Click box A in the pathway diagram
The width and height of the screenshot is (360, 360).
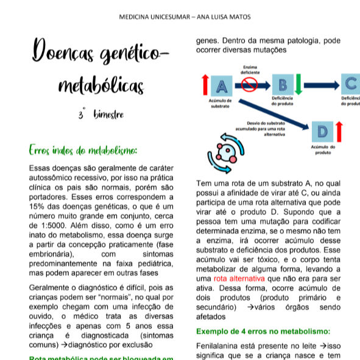point(222,85)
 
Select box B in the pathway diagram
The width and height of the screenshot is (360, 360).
point(281,85)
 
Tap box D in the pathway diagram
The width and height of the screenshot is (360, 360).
point(322,131)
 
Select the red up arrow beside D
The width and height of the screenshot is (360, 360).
point(340,131)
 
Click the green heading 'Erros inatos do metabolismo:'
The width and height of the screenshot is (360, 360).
point(83,150)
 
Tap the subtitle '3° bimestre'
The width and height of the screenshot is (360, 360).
point(101,115)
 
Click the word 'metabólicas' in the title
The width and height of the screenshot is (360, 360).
point(101,86)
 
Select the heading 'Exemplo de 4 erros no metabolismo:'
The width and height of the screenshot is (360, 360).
point(263,331)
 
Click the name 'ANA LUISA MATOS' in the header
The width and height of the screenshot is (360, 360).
point(225,16)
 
